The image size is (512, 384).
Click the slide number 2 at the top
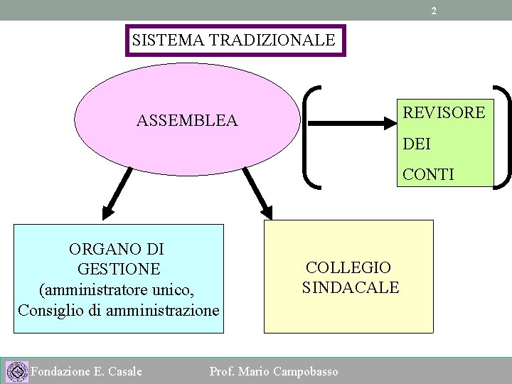tap(434, 11)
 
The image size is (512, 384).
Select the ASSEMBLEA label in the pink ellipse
tap(187, 122)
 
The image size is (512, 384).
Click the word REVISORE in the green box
tap(444, 112)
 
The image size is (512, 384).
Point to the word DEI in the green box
tap(417, 144)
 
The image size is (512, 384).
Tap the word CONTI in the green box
tap(428, 174)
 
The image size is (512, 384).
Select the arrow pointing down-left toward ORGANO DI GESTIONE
tap(118, 191)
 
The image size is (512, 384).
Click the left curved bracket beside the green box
tap(312, 136)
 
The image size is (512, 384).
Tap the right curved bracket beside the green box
tap(502, 136)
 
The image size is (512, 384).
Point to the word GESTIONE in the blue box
tap(117, 270)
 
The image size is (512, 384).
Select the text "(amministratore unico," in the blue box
tap(117, 290)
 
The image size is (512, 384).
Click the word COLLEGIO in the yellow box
tap(348, 267)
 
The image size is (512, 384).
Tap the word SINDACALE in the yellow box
tap(351, 287)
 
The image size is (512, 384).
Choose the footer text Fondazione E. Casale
tap(87, 371)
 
